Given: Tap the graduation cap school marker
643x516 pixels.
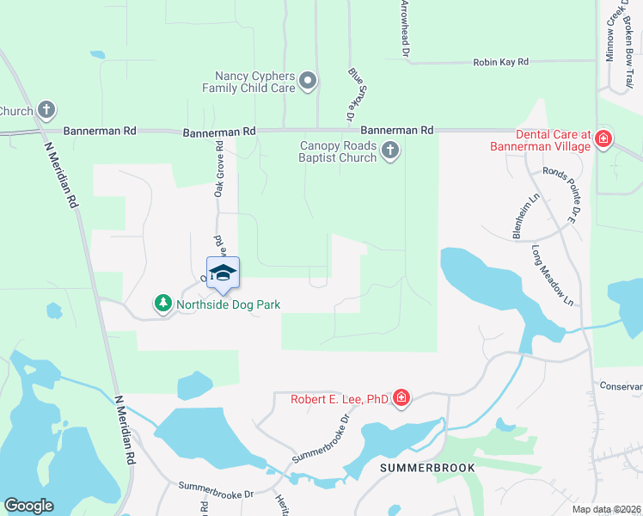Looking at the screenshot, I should (x=223, y=273).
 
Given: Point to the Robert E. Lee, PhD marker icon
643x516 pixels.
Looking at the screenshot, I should (x=401, y=397).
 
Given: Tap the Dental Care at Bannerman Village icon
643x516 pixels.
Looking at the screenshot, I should (x=603, y=139).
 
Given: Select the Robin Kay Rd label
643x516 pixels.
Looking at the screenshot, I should (x=500, y=63).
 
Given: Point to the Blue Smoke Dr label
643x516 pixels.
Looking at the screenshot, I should (x=352, y=94).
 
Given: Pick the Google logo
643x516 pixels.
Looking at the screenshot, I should (x=28, y=506).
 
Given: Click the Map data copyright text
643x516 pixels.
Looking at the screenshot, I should (x=607, y=509).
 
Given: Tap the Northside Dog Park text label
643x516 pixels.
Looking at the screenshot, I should (x=229, y=304).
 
